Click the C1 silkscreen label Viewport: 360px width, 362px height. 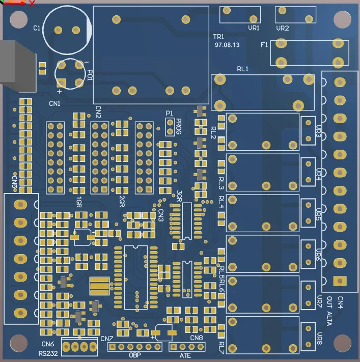(x=37, y=28)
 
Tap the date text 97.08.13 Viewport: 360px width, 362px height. (x=227, y=45)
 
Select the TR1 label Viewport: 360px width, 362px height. (x=218, y=37)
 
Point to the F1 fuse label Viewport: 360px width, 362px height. (x=264, y=45)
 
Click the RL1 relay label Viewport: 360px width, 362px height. (x=242, y=69)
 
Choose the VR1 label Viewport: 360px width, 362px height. (x=254, y=28)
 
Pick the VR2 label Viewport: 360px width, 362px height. (x=283, y=29)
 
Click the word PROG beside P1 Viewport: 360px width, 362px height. (x=179, y=126)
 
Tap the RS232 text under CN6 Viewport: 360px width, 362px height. (x=48, y=353)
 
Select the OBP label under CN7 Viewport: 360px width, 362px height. (x=134, y=355)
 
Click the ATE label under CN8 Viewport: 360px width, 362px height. (x=185, y=355)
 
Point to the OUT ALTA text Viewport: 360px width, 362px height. (x=329, y=311)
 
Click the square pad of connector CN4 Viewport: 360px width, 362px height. (x=340, y=281)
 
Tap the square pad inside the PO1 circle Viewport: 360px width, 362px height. (x=61, y=82)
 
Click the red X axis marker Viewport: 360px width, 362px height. (x=32, y=4)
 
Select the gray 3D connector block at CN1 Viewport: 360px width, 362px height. (x=17, y=67)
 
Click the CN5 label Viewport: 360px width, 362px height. (x=15, y=182)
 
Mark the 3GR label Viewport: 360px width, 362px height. (x=179, y=196)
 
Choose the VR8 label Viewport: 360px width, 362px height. (x=319, y=339)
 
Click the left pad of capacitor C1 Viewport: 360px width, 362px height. (x=58, y=30)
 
